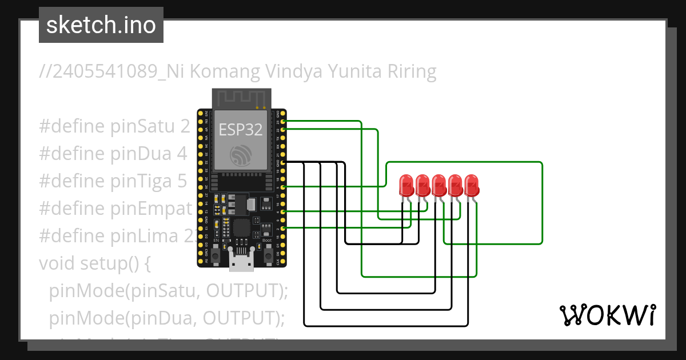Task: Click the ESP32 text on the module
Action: (241, 130)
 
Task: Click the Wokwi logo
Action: (607, 315)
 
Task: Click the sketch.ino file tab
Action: (101, 25)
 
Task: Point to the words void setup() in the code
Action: (94, 263)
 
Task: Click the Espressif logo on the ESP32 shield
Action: (240, 156)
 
